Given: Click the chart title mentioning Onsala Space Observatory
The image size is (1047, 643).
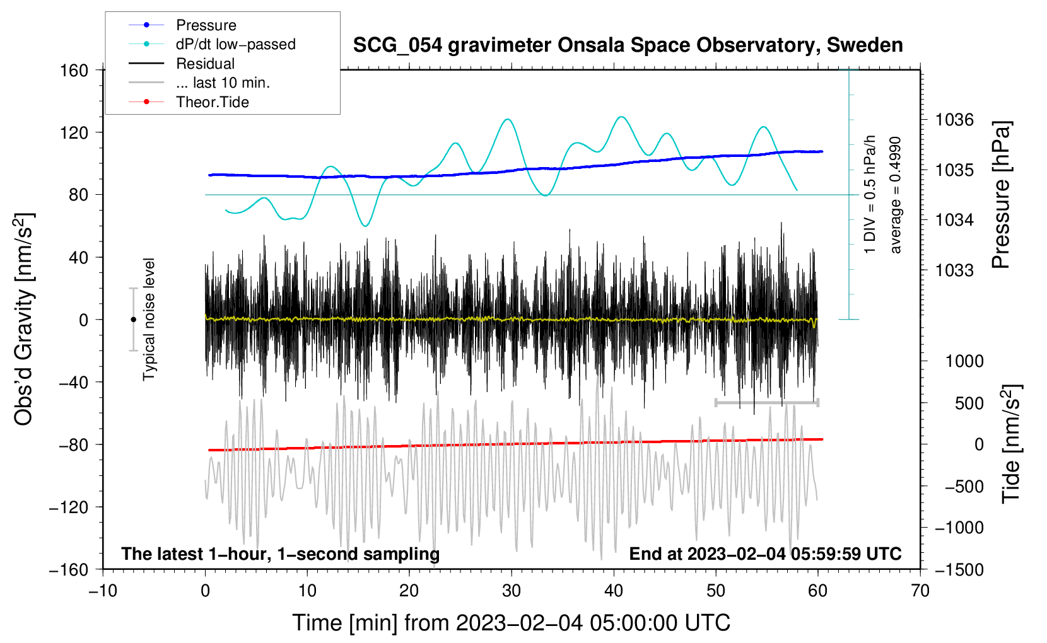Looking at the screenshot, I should click(x=628, y=45).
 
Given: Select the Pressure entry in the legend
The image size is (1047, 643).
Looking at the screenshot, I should click(x=206, y=25).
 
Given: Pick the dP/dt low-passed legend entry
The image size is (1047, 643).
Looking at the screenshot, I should click(x=235, y=44).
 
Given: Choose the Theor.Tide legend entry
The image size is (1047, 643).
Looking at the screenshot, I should click(x=212, y=102).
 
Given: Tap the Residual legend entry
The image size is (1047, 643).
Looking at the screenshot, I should click(x=205, y=64).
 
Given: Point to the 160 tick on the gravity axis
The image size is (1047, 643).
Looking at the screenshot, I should click(x=74, y=70).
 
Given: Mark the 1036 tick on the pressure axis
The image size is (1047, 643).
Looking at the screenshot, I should click(x=954, y=120).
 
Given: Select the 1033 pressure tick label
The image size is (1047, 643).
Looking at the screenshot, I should click(x=954, y=270).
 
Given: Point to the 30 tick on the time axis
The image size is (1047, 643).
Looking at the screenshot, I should click(x=512, y=591).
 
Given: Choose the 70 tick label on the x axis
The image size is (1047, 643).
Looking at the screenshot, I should click(x=920, y=591).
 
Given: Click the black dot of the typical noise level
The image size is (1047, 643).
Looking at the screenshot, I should click(x=133, y=320).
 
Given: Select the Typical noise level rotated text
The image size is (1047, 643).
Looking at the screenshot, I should click(x=149, y=320).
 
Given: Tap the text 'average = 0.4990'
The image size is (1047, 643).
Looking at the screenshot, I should click(x=896, y=195).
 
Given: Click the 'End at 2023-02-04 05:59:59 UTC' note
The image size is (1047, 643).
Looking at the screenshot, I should click(x=765, y=553).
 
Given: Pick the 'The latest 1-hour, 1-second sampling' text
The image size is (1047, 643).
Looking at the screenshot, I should click(x=281, y=553).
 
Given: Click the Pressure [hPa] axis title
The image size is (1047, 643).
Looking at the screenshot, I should click(x=1001, y=195).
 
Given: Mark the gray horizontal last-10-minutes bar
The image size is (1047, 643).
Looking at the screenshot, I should click(x=767, y=402).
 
